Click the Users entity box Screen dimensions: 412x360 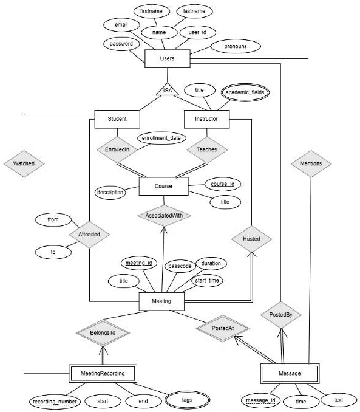[x=167, y=58]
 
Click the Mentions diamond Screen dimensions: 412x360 [x=311, y=163]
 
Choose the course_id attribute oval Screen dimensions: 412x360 [x=223, y=184]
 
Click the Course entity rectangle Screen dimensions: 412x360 [x=163, y=186]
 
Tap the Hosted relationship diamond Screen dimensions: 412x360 [x=251, y=239]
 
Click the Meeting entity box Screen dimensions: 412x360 [x=161, y=301]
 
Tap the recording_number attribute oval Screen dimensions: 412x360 [x=55, y=402]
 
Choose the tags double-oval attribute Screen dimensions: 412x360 [x=187, y=400]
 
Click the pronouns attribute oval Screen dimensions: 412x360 [x=236, y=46]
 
